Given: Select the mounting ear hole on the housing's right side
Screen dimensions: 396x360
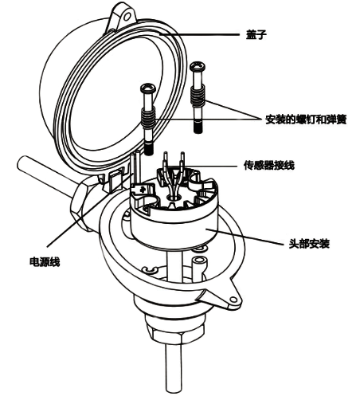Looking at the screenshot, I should point(231,302).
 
